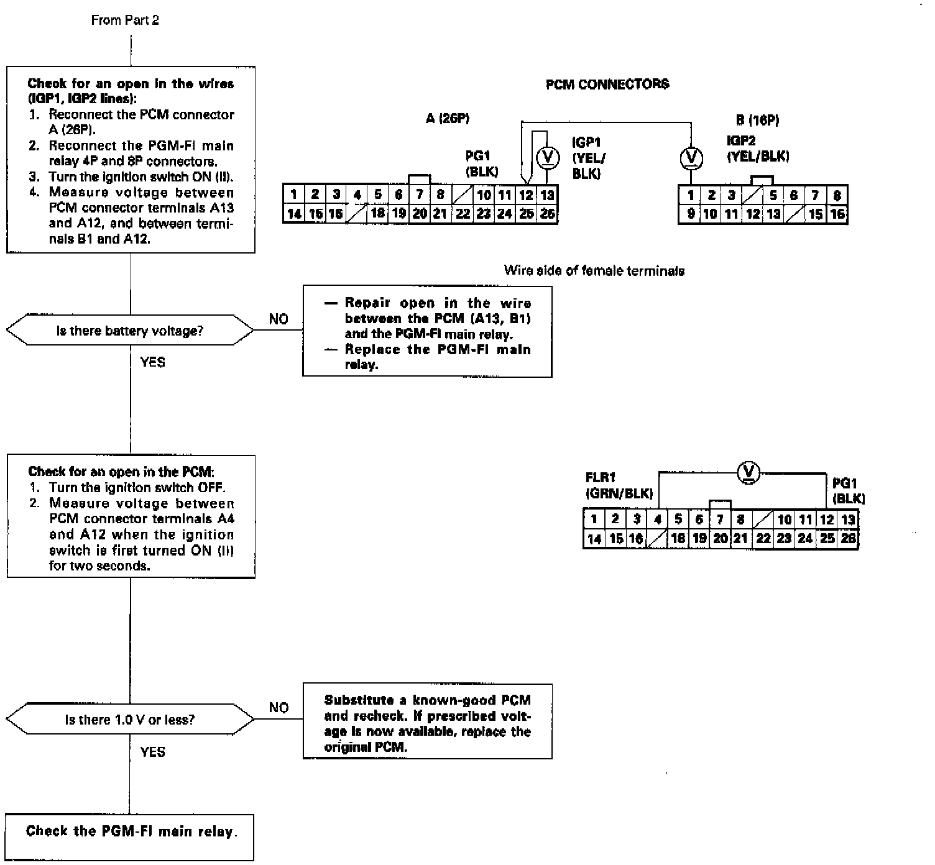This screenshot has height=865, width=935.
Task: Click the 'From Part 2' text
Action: click(125, 20)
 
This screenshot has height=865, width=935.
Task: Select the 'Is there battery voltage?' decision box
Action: click(130, 331)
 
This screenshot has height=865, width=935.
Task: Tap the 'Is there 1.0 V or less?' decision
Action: click(130, 720)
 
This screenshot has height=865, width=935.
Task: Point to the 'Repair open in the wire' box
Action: click(427, 332)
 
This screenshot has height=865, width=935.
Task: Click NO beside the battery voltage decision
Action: click(279, 319)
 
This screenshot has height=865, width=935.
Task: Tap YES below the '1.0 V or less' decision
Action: click(152, 752)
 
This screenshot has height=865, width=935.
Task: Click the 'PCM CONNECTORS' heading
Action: click(607, 84)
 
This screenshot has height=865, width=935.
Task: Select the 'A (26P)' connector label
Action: click(447, 119)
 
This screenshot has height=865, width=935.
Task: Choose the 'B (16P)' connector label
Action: click(757, 120)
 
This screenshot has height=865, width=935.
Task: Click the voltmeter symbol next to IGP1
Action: click(548, 158)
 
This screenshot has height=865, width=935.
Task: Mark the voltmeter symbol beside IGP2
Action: click(691, 158)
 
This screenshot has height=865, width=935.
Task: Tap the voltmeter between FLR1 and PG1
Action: click(748, 473)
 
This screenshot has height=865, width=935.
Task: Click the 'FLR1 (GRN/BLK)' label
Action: click(619, 485)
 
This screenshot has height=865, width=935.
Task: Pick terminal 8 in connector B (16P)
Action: click(837, 195)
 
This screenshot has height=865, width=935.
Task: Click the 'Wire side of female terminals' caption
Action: click(594, 270)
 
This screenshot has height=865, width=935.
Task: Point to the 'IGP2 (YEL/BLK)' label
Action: click(757, 149)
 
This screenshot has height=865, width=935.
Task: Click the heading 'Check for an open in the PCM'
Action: click(121, 472)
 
